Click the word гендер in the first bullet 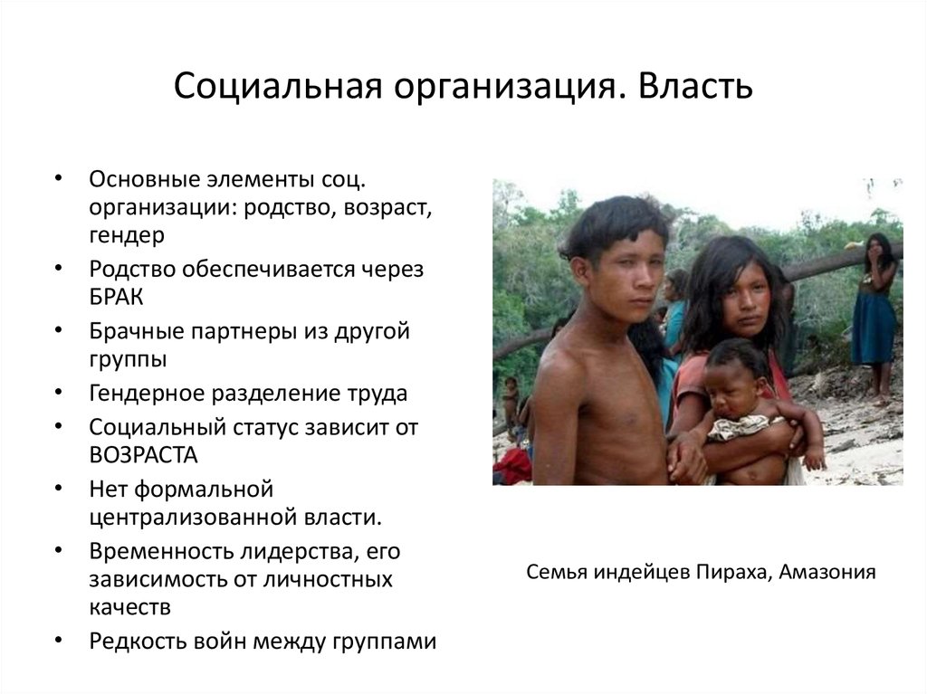[127, 234]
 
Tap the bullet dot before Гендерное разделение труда [59, 394]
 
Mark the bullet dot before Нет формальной [59, 488]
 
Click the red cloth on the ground [512, 466]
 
